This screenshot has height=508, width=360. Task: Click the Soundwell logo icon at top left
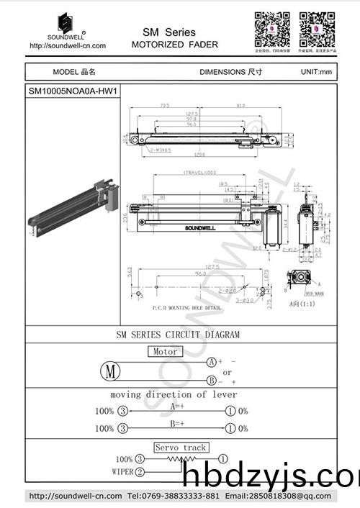coord(66,22)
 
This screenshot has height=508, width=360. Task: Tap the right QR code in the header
coord(318,29)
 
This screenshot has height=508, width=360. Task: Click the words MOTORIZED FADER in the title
coord(174,45)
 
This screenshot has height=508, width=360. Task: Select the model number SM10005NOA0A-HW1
coord(72,91)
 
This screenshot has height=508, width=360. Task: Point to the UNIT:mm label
coord(316,72)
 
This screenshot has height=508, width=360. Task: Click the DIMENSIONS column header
coord(230,72)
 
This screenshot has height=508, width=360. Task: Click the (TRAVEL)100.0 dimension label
coord(201,173)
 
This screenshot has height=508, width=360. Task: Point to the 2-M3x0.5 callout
coord(161,150)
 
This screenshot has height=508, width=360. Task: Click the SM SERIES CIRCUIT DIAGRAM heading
coord(178,335)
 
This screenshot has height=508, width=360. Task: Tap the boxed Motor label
coord(166,352)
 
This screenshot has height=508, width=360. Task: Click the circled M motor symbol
coord(110,371)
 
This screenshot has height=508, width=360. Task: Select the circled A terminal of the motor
coord(212,361)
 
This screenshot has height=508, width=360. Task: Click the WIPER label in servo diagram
coord(122,472)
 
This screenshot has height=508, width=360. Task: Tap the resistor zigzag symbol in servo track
coord(176,458)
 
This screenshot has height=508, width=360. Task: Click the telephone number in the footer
coord(173,496)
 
